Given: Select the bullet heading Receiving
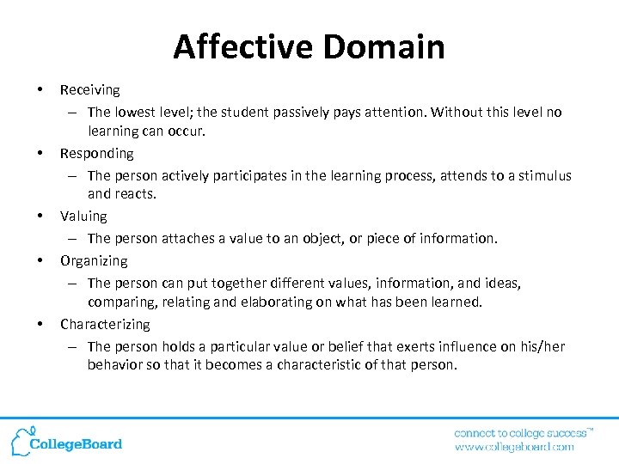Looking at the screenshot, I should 89,89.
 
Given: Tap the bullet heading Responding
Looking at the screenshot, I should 96,153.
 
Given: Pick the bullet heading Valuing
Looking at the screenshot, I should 83,217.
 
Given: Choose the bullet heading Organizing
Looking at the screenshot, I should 93,260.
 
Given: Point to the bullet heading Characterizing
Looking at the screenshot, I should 104,324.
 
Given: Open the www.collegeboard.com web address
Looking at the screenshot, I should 514,447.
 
